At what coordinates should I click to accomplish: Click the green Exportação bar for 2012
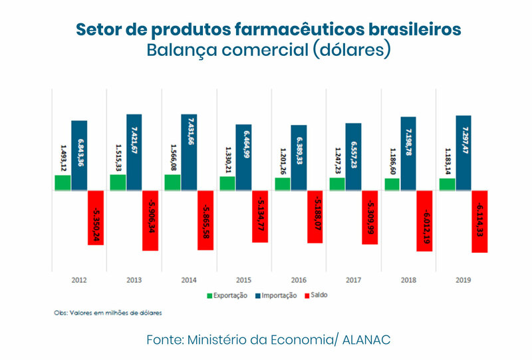pyautogui.click(x=63, y=183)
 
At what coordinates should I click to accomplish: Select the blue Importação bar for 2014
pyautogui.click(x=188, y=152)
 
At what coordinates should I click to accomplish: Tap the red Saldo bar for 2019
pyautogui.click(x=479, y=222)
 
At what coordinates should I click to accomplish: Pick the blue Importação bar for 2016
pyautogui.click(x=299, y=158)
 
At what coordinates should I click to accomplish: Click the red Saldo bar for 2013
pyautogui.click(x=150, y=220)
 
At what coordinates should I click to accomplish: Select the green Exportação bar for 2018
pyautogui.click(x=392, y=184)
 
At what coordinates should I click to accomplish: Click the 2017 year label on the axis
pyautogui.click(x=352, y=280)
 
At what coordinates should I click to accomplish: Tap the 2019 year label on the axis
pyautogui.click(x=462, y=280)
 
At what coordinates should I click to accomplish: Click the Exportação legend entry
pyautogui.click(x=227, y=295)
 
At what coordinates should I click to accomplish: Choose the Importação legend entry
pyautogui.click(x=277, y=295)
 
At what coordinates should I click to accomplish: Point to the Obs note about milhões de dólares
pyautogui.click(x=108, y=311)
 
